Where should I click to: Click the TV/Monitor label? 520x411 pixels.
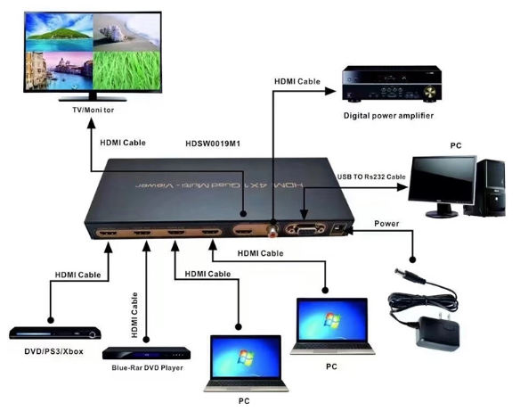point(93,110)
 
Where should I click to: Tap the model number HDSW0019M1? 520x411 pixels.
point(213,144)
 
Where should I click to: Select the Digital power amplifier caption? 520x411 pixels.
point(388,116)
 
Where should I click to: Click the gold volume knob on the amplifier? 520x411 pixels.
point(429,91)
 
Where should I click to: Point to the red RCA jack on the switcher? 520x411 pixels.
point(273,230)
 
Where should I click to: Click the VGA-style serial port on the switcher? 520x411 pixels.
point(305,229)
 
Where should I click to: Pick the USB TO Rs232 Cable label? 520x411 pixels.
point(371,177)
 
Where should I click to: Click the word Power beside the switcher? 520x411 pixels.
point(386,224)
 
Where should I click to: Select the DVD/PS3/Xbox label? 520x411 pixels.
point(53,351)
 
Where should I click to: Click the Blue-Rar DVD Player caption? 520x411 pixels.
point(147,368)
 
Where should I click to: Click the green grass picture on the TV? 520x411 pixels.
point(126,70)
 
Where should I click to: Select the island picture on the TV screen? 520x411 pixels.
point(60,32)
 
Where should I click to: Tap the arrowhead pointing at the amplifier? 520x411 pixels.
point(330,91)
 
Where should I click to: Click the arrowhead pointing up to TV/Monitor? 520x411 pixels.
point(91,124)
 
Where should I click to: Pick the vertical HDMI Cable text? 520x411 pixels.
point(134,315)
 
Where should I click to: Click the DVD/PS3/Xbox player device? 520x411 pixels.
point(55,333)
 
